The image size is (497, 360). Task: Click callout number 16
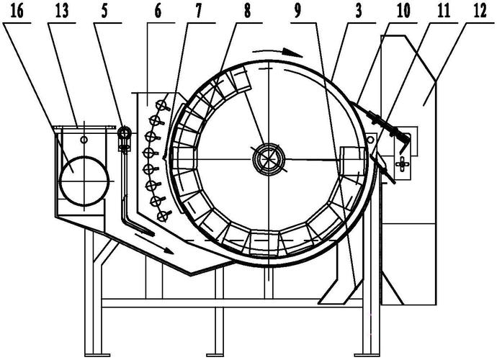(x=17, y=12)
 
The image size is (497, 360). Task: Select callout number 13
(x=61, y=12)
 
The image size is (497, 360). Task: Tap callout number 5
(x=104, y=12)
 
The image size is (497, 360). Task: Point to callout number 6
(x=158, y=12)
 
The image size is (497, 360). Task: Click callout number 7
(x=197, y=12)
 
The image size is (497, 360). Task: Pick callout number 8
(x=247, y=12)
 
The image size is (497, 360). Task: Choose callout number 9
(x=297, y=12)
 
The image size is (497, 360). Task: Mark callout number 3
(x=358, y=12)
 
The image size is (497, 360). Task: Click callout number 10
(x=403, y=12)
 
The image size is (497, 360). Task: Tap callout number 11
(x=444, y=12)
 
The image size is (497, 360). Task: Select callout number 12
(x=479, y=12)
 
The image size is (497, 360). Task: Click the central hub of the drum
(x=269, y=158)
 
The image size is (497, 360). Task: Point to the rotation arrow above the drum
(x=277, y=52)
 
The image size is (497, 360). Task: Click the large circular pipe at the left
(x=84, y=181)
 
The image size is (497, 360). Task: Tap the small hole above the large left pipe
(x=84, y=140)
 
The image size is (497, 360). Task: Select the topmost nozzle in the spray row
(x=162, y=105)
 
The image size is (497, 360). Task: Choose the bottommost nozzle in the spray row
(x=163, y=216)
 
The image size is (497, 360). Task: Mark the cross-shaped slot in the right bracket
(x=403, y=164)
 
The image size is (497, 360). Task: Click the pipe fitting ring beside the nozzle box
(x=124, y=132)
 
